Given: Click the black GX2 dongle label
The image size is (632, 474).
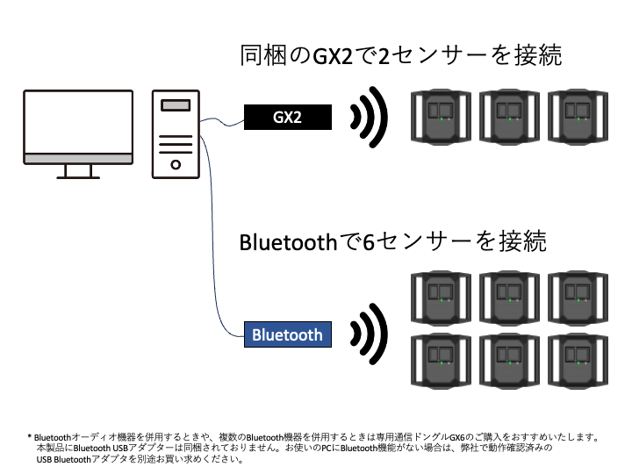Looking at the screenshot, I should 288,116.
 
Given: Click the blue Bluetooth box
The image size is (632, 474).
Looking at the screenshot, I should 287,334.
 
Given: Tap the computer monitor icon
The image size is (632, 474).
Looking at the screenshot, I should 80,132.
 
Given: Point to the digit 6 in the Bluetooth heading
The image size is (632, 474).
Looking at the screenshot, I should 369,241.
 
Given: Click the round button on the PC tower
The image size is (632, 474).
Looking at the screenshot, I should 176,164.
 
